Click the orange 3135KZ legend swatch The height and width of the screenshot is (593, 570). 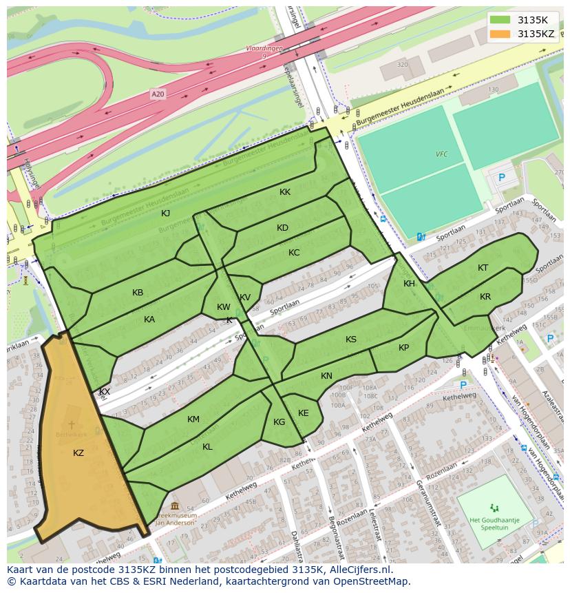pos(501,34)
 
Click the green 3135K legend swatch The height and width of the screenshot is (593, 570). pos(501,19)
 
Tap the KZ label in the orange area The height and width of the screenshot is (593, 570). pos(78,452)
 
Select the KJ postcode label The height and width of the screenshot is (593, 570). pos(165,213)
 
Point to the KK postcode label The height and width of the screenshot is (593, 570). pos(285,192)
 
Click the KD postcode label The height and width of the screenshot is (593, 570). pos(282,228)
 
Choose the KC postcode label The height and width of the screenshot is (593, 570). pos(294,253)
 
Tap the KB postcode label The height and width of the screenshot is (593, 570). pos(138,293)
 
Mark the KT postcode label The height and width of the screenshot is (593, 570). pos(483,268)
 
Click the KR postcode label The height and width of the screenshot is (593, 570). pos(485,297)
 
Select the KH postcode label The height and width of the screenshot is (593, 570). pos(409,284)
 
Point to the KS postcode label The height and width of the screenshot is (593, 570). pos(351,340)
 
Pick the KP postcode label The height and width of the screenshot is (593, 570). pos(403,348)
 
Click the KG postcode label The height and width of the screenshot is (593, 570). pos(279,422)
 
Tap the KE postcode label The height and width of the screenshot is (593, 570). pos(303,413)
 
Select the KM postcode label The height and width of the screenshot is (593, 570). pos(193,419)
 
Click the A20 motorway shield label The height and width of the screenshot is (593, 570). pos(158,94)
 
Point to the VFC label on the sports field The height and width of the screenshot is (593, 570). pos(441,154)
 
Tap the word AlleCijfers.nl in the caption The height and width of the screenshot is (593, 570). pos(358,570)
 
